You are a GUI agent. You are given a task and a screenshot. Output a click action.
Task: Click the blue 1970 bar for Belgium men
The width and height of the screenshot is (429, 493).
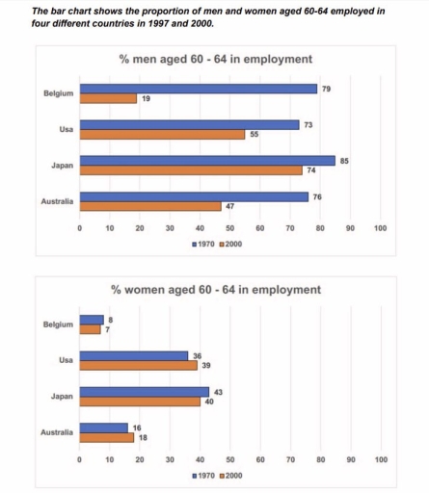tap(198, 89)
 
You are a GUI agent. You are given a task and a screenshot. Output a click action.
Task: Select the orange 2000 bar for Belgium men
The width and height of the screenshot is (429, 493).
tap(108, 98)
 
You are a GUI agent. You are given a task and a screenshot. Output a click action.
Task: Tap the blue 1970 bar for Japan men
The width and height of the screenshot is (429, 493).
tap(207, 161)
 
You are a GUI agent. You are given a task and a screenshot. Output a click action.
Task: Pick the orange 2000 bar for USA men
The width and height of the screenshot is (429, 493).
tap(162, 135)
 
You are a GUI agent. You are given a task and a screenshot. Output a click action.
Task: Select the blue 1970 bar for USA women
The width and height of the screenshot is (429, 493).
tap(134, 355)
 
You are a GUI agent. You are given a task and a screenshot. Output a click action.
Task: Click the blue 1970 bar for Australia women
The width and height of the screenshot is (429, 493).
tap(103, 428)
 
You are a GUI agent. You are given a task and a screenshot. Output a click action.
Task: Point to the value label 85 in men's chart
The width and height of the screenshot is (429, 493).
tap(344, 160)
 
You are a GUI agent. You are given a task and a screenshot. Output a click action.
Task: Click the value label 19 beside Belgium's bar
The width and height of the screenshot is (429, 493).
tap(147, 98)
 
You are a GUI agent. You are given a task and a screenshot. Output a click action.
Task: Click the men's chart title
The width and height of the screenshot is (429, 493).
tap(215, 60)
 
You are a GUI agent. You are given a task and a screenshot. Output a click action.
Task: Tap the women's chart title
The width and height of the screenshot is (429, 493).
tap(215, 289)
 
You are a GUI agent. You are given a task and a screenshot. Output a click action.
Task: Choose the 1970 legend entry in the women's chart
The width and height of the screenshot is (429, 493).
tap(205, 475)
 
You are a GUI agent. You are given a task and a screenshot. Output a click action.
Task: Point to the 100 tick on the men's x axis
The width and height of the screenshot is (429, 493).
tap(380, 228)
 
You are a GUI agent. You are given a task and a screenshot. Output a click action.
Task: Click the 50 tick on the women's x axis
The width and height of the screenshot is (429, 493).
tap(229, 460)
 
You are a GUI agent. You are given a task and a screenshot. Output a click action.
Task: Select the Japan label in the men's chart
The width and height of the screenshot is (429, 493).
tap(61, 166)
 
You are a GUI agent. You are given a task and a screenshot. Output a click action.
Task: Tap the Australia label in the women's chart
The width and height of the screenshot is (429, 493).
tap(56, 432)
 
